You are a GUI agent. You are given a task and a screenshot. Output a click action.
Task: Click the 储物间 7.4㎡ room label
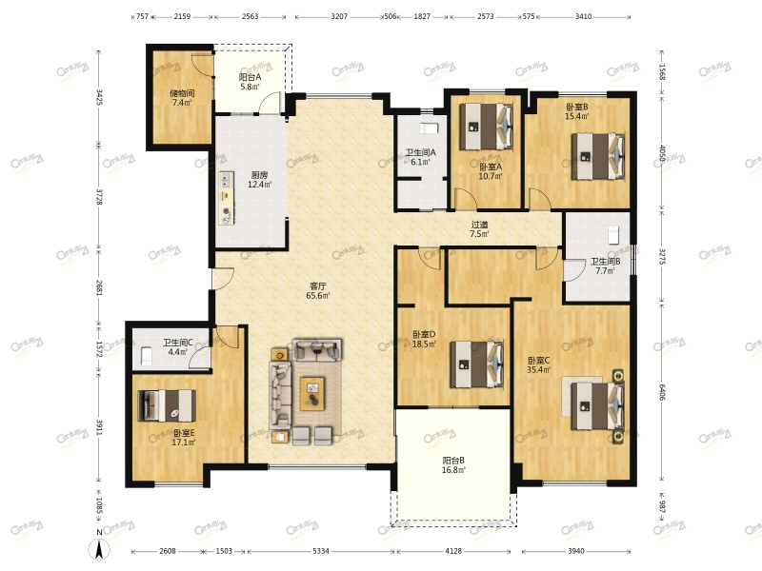pos(182,98)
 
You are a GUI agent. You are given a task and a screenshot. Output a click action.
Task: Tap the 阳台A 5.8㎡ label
pos(250,82)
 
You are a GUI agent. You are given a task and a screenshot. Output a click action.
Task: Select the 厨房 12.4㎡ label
pos(259,180)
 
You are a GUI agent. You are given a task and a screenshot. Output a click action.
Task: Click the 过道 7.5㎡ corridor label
pos(479,228)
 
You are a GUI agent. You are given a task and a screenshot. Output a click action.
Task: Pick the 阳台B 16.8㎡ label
pos(453,464)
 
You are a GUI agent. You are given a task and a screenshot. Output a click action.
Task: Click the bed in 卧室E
pos(168,405)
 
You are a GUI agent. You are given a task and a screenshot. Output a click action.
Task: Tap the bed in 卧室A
pos(487,127)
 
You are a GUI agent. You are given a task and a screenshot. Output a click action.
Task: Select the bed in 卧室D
pos(477,364)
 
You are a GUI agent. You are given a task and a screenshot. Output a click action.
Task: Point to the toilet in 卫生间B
pos(613,235)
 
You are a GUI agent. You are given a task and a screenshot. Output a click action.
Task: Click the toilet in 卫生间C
pos(146,356)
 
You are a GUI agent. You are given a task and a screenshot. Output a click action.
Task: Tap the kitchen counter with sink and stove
pos(227,198)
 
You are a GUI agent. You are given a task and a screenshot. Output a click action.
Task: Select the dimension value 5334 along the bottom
pos(321,551)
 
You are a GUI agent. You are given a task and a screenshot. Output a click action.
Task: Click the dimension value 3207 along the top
pos(339,16)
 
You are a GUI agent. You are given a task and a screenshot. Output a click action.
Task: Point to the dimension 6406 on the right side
pos(662,392)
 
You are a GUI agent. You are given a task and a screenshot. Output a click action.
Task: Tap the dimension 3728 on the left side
pos(99,197)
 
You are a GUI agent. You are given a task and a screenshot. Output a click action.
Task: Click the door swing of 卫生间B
pos(574,270)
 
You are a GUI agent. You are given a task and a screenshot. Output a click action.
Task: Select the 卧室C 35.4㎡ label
pos(539,365)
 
